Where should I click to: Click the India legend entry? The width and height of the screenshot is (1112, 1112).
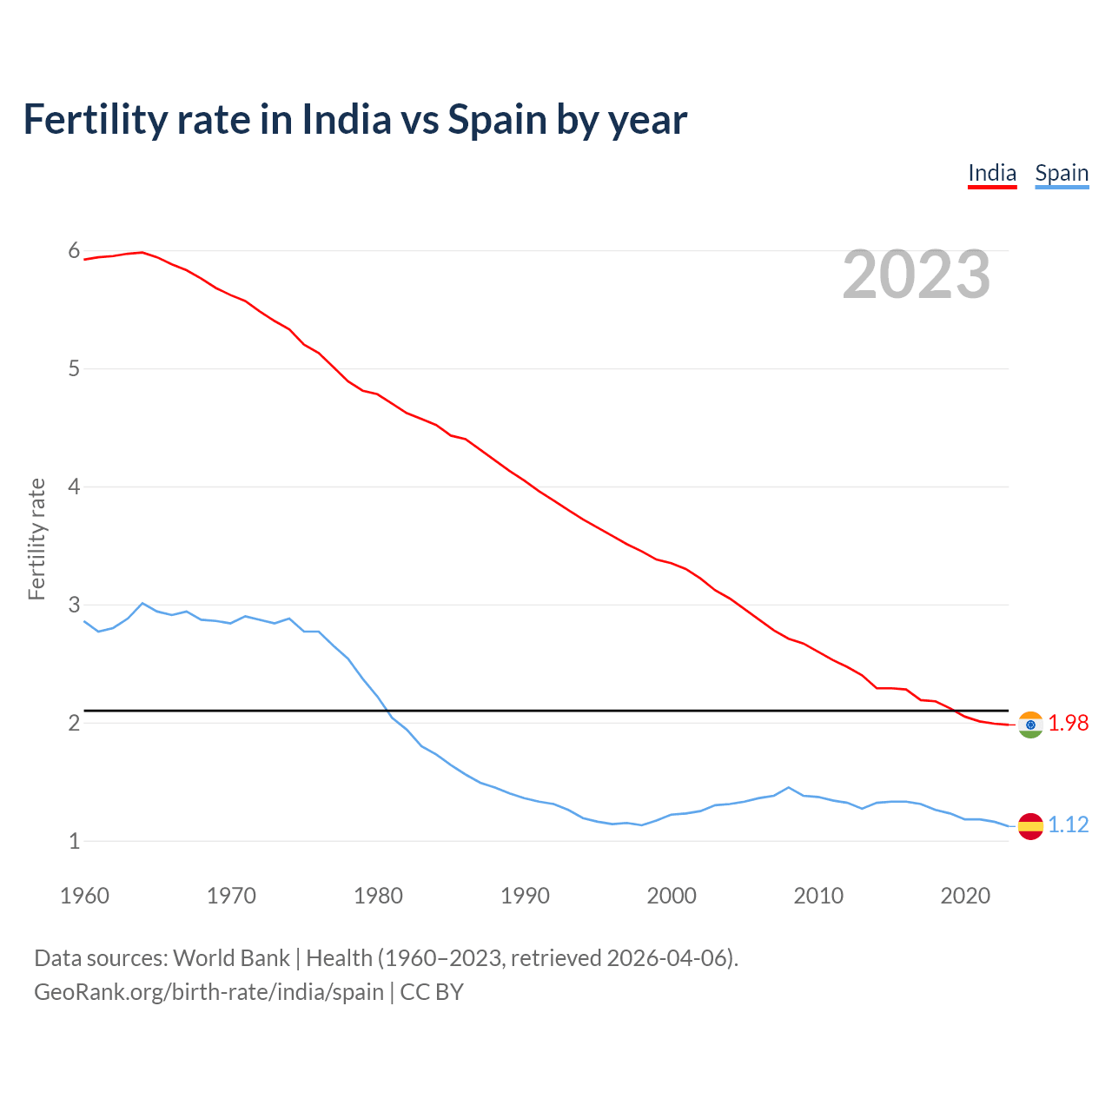(992, 173)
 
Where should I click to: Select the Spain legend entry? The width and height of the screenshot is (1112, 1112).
(1062, 173)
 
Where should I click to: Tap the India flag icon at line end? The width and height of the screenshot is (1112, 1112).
(1030, 725)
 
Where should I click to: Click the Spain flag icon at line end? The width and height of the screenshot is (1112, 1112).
(1030, 825)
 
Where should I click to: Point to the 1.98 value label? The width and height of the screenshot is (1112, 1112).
(1068, 723)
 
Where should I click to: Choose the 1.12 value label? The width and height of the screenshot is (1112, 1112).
(1068, 824)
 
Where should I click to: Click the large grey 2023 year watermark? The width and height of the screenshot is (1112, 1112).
(917, 275)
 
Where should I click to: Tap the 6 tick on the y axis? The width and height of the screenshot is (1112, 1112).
(74, 251)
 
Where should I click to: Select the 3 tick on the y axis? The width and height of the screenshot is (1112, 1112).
(74, 605)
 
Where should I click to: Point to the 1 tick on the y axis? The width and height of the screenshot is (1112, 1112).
(74, 841)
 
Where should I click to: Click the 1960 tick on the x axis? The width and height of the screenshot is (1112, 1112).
(84, 896)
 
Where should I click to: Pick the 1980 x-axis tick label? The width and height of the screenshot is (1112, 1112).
(378, 896)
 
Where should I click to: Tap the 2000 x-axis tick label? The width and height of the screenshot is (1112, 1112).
(672, 896)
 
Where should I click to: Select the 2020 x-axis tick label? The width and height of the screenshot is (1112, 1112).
(965, 896)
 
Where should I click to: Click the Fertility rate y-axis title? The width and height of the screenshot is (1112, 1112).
(36, 539)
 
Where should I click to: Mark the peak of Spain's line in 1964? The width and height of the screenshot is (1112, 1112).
(142, 603)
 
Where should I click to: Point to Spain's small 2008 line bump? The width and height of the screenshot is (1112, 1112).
(788, 787)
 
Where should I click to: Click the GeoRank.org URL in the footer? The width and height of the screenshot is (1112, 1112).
(208, 991)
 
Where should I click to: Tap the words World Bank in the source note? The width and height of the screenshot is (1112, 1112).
(231, 958)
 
